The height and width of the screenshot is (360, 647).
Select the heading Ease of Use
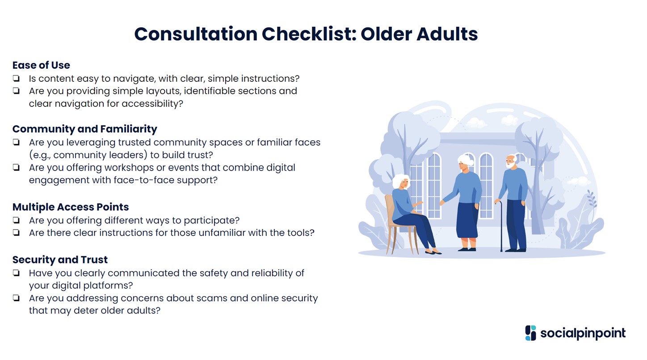pos(41,65)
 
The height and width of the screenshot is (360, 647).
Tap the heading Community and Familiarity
pos(84,129)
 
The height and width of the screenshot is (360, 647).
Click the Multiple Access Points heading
pos(71,207)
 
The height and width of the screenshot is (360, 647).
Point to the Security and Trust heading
pos(60,260)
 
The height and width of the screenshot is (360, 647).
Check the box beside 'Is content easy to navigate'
pos(16,78)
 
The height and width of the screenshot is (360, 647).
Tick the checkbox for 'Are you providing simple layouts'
pos(16,91)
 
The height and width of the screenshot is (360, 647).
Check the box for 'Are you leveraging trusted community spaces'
pos(16,142)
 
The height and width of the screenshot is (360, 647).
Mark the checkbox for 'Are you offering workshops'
pos(16,167)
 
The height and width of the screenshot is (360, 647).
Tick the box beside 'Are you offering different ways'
pos(16,220)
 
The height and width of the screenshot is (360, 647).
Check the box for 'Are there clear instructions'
pos(16,233)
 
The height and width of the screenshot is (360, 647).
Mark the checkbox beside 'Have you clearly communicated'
pos(16,273)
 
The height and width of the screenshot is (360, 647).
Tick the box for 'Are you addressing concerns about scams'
pos(16,298)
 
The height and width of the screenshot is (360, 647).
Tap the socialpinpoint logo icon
pos(530,333)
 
